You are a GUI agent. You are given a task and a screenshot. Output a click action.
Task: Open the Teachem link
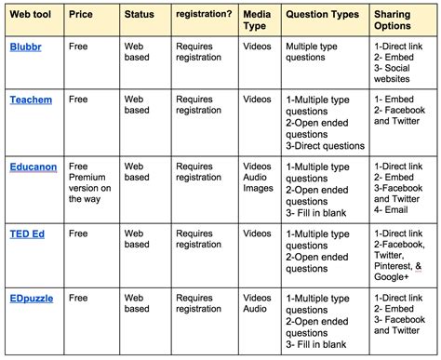point(32,98)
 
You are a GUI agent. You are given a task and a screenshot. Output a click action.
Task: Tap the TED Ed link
point(28,233)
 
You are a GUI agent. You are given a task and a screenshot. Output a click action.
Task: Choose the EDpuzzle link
point(33,300)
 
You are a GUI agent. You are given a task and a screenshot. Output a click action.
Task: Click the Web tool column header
point(32,17)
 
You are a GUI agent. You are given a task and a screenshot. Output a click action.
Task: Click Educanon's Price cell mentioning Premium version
point(90,182)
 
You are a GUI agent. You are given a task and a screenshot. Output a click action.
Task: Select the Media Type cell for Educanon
point(258,177)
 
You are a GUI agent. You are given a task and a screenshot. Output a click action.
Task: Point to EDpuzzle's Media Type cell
point(258,305)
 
